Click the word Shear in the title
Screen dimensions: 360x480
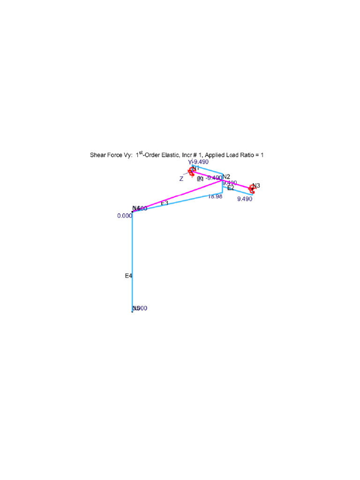pos(98,155)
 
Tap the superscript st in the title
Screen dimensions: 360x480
pos(141,152)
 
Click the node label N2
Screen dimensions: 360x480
pos(226,177)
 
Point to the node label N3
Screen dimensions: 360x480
pos(256,186)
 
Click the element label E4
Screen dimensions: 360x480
pos(128,276)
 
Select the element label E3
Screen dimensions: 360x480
pos(165,203)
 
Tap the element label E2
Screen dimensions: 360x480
pos(231,188)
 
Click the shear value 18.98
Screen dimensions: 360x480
pos(215,197)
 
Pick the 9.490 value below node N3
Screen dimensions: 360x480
pos(245,199)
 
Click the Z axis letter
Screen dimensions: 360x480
pos(181,179)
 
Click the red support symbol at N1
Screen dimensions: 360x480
pos(191,171)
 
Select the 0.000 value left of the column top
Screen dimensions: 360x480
pos(125,216)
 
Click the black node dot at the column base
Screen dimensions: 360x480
pos(132,311)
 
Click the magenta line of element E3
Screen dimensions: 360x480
pos(178,196)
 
